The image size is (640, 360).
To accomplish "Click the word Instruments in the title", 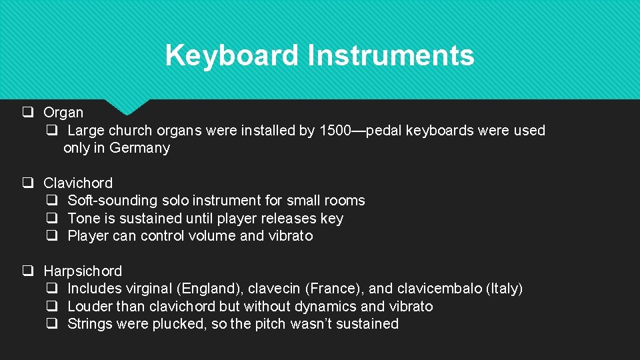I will [391, 55].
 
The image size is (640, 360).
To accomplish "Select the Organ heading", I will [63, 113].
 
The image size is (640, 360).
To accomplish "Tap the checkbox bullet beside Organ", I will [28, 112].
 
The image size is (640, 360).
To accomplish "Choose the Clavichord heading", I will [78, 183].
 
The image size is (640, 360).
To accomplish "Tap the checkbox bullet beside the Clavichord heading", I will [28, 183].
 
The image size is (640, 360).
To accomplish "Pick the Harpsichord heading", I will [83, 271].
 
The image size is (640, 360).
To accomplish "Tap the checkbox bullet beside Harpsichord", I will [28, 271].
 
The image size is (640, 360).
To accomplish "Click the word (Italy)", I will [505, 289].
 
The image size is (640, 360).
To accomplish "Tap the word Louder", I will [90, 307].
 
